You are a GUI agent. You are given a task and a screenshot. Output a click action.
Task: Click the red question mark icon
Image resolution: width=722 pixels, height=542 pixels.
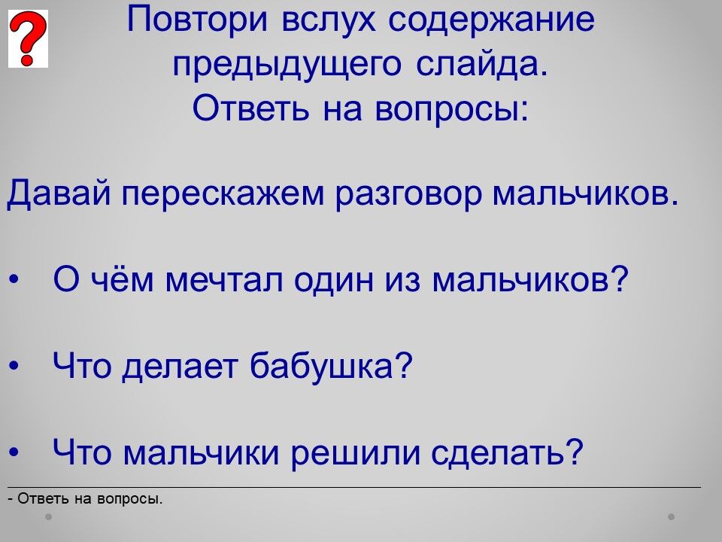28,38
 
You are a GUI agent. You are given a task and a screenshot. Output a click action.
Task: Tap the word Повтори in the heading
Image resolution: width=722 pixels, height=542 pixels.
196,20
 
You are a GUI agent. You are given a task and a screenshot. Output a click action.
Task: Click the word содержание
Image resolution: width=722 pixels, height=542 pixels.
492,20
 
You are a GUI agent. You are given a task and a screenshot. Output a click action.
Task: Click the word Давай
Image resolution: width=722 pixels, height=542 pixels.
59,193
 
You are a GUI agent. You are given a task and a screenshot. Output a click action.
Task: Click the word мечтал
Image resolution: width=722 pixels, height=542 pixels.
224,280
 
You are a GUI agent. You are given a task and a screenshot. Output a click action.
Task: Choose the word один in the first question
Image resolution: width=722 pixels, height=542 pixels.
334,281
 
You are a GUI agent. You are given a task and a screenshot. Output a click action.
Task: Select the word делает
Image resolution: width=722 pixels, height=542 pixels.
180,367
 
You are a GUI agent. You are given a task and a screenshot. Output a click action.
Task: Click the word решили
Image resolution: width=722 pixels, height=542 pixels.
356,453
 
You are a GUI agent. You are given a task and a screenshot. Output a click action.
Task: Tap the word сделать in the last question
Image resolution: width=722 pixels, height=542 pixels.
502,452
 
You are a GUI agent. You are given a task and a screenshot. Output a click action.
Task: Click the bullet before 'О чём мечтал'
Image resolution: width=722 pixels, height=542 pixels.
14,280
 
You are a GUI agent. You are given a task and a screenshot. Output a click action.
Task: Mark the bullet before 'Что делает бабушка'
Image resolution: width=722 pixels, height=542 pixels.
14,366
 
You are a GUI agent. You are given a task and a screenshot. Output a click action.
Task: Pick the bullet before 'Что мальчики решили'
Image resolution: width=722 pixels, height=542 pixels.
14,452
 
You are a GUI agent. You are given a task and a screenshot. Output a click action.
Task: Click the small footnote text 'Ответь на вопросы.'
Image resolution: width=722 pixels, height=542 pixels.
90,499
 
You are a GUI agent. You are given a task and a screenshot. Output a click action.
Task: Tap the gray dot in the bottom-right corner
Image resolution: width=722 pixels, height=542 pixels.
672,516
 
